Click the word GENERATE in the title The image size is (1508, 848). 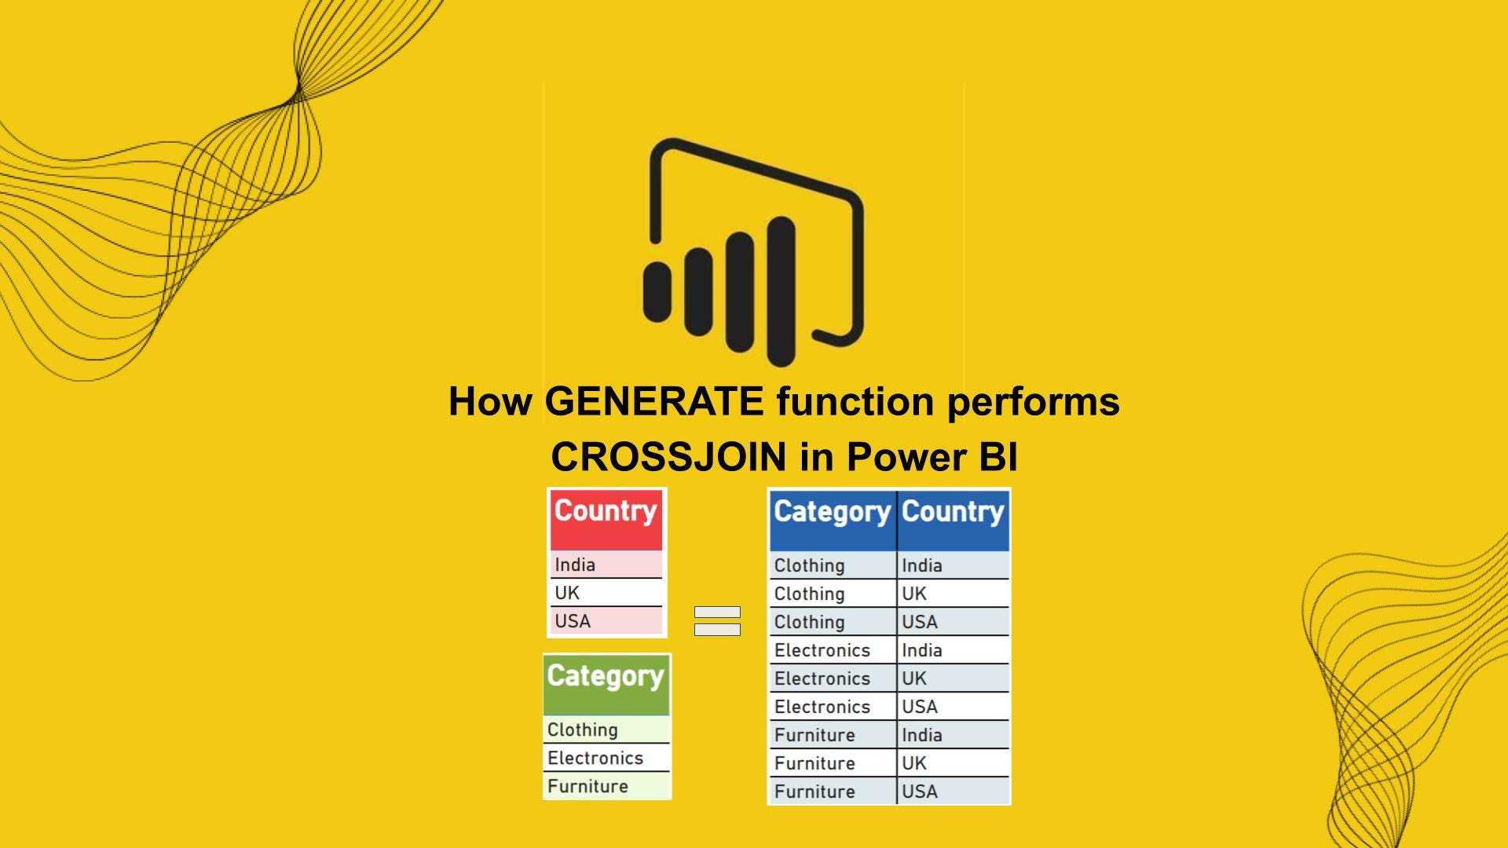click(x=654, y=401)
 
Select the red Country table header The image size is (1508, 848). click(x=606, y=519)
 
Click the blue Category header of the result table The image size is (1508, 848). click(x=833, y=520)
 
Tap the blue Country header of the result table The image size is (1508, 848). click(x=953, y=520)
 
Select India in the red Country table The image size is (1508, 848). click(x=575, y=565)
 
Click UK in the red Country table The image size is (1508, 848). click(x=567, y=593)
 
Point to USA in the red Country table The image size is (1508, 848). click(x=573, y=621)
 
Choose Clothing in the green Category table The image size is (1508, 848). click(x=583, y=730)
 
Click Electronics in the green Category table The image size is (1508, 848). click(x=595, y=758)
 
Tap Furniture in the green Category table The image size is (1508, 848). click(x=587, y=786)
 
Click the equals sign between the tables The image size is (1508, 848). click(x=717, y=620)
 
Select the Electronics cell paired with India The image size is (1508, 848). click(x=822, y=650)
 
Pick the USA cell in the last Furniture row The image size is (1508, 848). click(x=920, y=791)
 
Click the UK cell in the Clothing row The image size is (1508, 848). click(x=914, y=594)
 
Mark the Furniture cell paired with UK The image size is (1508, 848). click(x=814, y=763)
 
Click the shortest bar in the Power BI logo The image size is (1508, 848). click(x=657, y=291)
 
